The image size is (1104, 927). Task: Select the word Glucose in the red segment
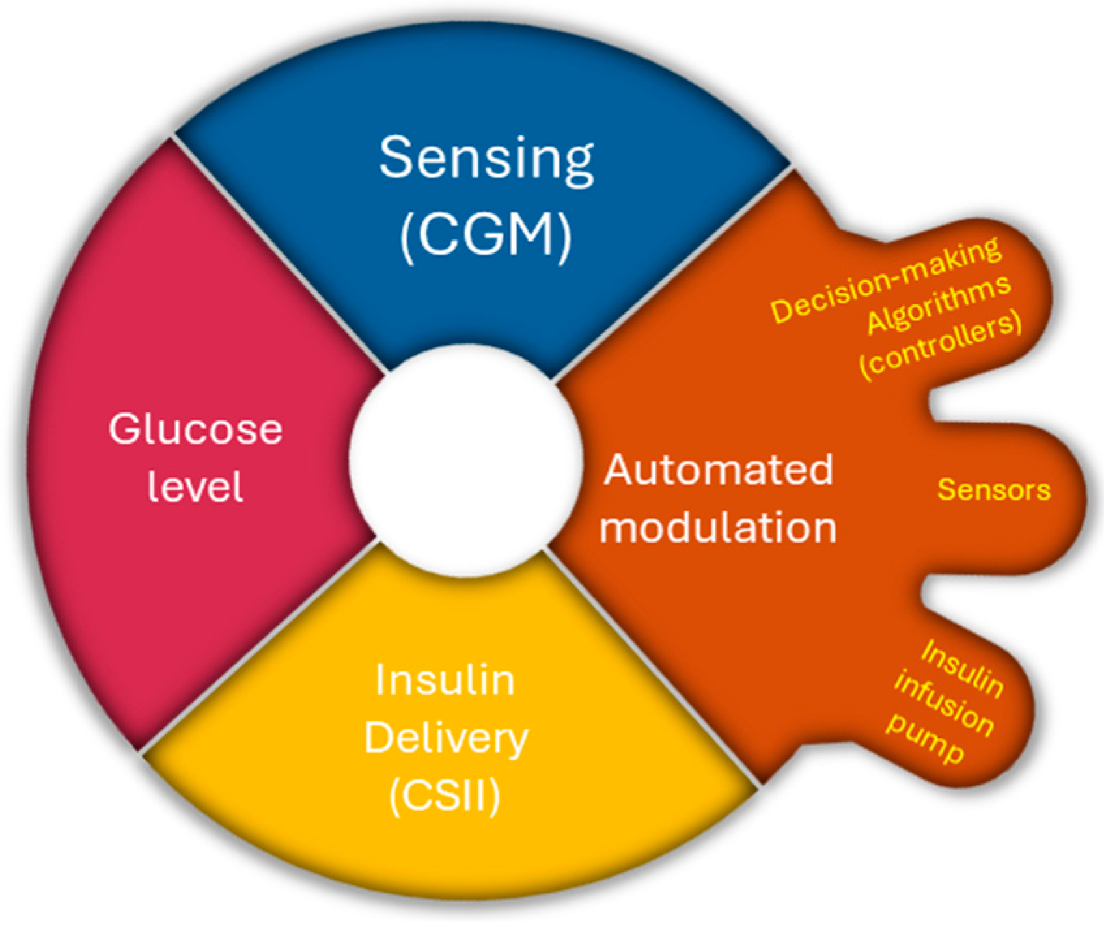coord(195,430)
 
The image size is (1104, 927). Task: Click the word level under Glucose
coord(195,486)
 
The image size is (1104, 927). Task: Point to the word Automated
coord(719,470)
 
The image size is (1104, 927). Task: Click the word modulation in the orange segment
coord(718,527)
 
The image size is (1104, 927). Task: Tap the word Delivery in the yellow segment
coord(446,739)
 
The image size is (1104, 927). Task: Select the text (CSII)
coord(445,795)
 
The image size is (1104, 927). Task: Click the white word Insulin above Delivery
coord(445,681)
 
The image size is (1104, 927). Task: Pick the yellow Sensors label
coord(993,490)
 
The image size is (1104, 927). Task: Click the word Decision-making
coord(886,281)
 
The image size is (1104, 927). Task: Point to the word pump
coord(925,742)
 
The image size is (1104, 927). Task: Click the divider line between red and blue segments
coord(280,254)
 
